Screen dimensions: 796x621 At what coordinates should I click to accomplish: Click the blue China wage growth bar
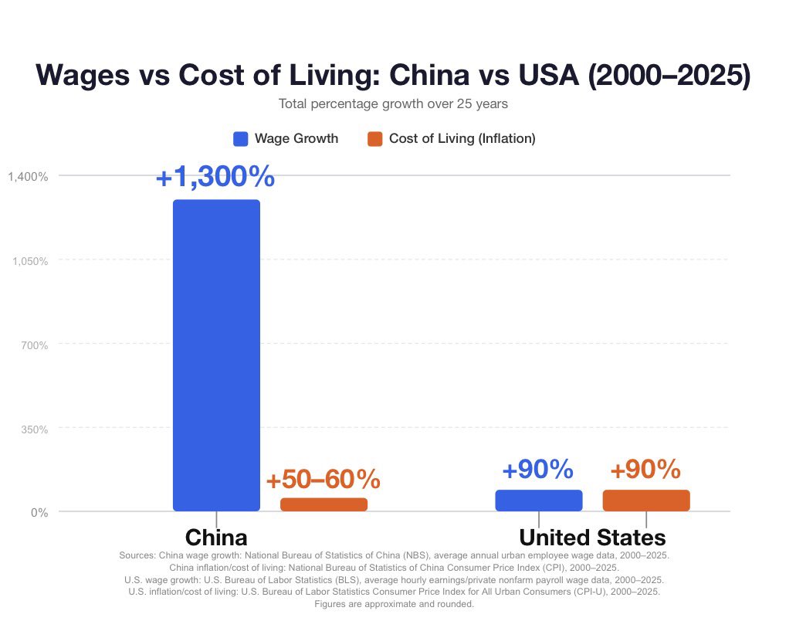[216, 355]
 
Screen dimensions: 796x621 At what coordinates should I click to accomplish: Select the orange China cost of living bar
[324, 504]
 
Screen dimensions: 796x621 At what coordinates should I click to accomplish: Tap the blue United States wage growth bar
[539, 501]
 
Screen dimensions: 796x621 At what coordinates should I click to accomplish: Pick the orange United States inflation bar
[646, 501]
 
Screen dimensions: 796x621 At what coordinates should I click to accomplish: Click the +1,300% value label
[215, 177]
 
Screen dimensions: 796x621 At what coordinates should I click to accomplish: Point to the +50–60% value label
[323, 479]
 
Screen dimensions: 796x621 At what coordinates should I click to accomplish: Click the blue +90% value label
[537, 469]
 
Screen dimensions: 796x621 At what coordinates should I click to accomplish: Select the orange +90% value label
[645, 469]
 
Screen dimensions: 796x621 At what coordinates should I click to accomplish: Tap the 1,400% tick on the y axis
[28, 177]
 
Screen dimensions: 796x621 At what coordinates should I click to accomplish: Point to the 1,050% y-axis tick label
[30, 261]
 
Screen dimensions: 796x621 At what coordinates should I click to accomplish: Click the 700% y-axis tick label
[35, 345]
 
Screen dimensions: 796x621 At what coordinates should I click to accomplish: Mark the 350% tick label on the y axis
[35, 429]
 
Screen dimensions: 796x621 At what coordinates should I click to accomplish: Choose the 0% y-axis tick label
[39, 513]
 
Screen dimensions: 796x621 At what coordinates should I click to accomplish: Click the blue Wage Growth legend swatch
[241, 138]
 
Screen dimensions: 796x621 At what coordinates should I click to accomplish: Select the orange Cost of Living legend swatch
[374, 138]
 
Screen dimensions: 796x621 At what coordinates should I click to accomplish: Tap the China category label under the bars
[216, 538]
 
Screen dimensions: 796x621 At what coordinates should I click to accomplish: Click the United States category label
[592, 538]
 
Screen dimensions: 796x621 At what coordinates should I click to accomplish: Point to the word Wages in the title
[83, 75]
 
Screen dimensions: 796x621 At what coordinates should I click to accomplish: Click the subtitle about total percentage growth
[393, 104]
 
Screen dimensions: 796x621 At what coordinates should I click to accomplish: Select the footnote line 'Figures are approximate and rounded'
[394, 604]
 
